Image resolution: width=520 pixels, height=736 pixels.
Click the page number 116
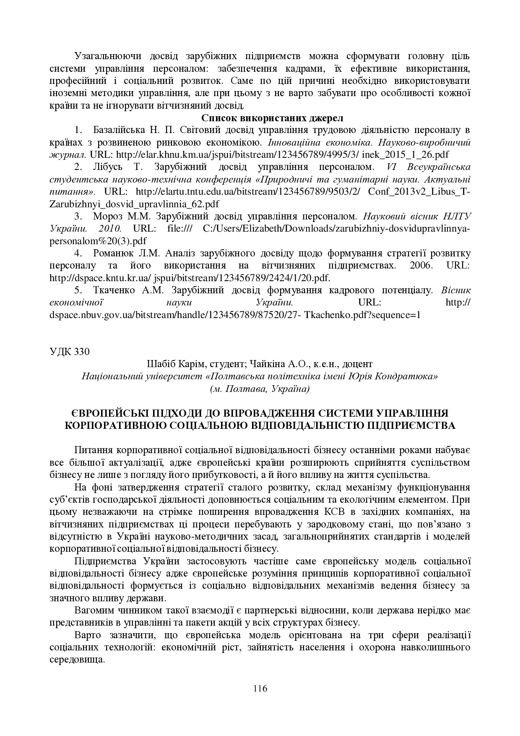pyautogui.click(x=260, y=688)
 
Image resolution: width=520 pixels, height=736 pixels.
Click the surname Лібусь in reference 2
pyautogui.click(x=107, y=167)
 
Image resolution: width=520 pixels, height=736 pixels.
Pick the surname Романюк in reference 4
pyautogui.click(x=113, y=253)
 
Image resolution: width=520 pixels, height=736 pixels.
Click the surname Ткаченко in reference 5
pyautogui.click(x=114, y=290)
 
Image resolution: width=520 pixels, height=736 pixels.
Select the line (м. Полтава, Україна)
pyautogui.click(x=260, y=389)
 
